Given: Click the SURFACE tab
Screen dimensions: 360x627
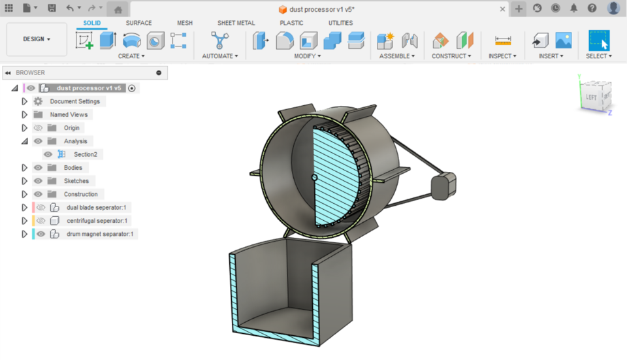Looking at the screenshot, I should coord(138,23).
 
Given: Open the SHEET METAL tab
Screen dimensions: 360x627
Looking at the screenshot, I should coord(236,23).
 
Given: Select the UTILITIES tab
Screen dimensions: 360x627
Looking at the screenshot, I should coord(340,23).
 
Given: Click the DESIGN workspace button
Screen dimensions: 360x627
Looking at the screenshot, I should coord(37,39).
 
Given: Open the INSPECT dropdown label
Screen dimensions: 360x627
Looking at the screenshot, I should coord(502,56).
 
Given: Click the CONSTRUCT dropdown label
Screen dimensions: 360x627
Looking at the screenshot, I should coord(451,56).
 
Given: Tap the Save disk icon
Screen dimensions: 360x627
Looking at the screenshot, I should coord(52,8).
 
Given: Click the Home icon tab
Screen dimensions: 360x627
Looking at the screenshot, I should coord(118,9).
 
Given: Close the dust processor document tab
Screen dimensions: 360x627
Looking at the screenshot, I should coord(502,9).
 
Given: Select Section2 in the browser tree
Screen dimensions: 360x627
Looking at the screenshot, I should coord(85,154).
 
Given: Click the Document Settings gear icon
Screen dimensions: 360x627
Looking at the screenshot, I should coord(38,101).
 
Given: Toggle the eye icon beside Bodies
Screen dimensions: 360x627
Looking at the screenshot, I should coord(38,168).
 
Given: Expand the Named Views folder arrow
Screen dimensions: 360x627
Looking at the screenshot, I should coord(25,114).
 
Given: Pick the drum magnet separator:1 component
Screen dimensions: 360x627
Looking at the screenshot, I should coord(99,234).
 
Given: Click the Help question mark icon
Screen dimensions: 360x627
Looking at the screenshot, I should coord(592,8).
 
